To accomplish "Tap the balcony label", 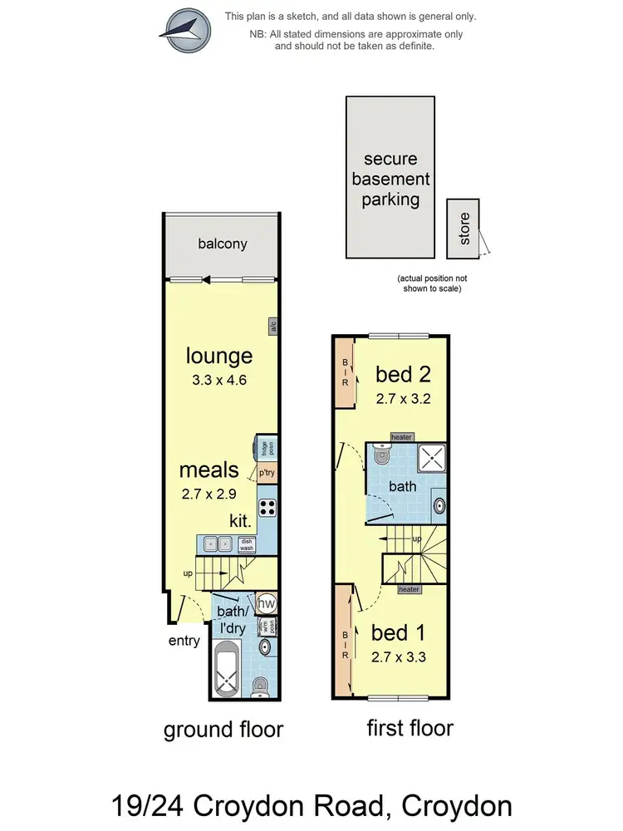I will coord(222,243).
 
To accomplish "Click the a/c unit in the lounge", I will coord(272,327).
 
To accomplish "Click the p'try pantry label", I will coord(266,473).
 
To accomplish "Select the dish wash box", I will coord(247,545).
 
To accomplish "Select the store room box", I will coord(464,229).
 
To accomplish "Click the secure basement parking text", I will coord(390,179).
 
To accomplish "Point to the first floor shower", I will coord(431,456).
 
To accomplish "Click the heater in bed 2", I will coord(401,437).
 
